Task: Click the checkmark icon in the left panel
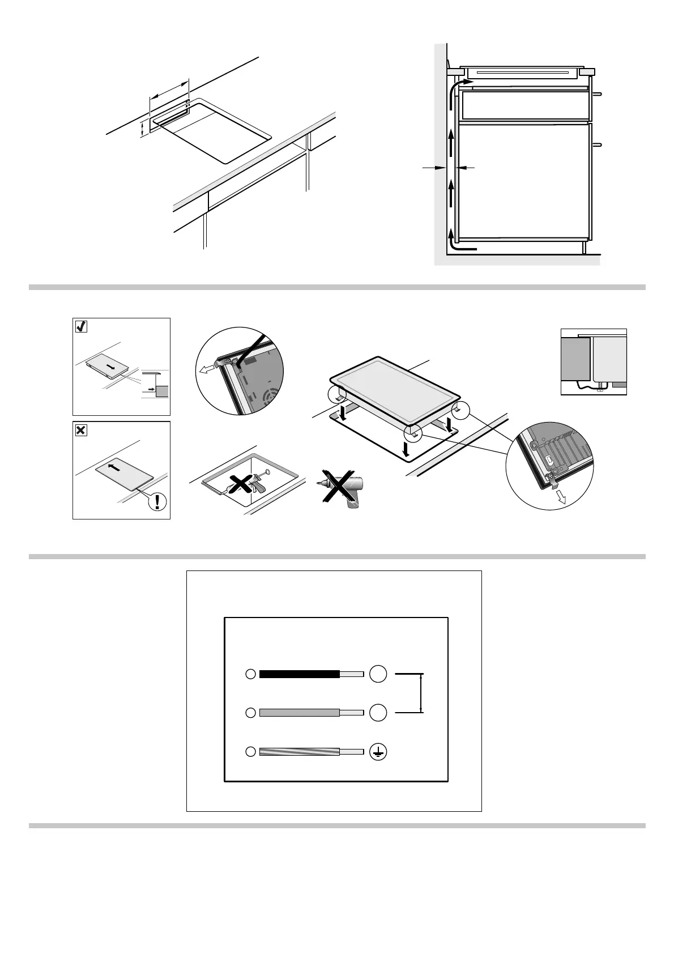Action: pyautogui.click(x=81, y=326)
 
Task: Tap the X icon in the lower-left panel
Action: pyautogui.click(x=81, y=431)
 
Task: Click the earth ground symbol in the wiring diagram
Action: pyautogui.click(x=378, y=752)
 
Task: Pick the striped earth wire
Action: pyautogui.click(x=300, y=752)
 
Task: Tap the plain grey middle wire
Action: pyautogui.click(x=300, y=713)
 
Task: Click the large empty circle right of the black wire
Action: pyautogui.click(x=378, y=674)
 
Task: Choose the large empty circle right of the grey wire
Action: pyautogui.click(x=378, y=713)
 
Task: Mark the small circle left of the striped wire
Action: pyautogui.click(x=250, y=752)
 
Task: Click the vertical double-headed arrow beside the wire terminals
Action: pyautogui.click(x=421, y=693)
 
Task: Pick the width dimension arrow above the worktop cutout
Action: pyautogui.click(x=169, y=90)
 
